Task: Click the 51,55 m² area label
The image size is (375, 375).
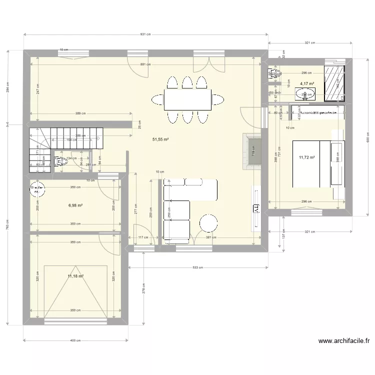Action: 160,139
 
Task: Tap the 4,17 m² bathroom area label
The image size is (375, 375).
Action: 306,84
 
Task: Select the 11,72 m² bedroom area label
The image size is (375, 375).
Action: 306,157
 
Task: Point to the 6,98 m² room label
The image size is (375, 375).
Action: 75,205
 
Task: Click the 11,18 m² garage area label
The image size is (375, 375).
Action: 75,276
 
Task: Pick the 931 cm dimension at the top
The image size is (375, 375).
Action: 145,34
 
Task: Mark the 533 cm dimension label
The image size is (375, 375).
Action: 198,267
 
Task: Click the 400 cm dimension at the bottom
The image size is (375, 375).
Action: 75,340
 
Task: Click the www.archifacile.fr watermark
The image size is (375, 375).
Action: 344,341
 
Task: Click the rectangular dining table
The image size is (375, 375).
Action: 187,100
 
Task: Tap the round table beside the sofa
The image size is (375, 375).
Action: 208,222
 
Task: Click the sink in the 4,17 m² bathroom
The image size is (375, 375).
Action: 305,93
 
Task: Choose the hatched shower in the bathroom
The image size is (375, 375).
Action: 334,82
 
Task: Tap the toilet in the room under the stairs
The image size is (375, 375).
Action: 61,161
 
